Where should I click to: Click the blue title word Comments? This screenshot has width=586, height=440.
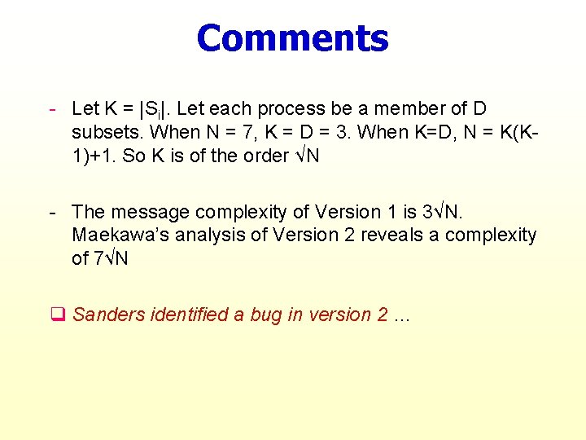click(293, 38)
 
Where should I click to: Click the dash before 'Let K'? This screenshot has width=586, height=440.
click(52, 108)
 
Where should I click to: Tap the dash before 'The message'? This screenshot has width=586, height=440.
click(52, 212)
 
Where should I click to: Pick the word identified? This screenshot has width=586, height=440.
click(190, 315)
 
